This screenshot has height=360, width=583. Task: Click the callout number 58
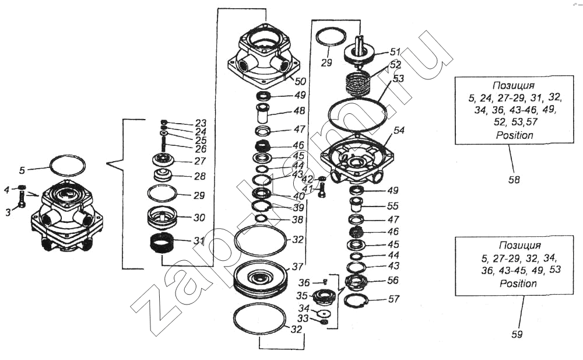click(514, 180)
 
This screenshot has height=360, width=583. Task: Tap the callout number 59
click(517, 334)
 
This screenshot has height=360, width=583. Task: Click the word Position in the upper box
click(515, 135)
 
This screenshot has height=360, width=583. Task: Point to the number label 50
click(300, 81)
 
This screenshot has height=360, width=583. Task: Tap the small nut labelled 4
click(22, 187)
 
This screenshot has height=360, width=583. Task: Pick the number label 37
click(297, 267)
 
